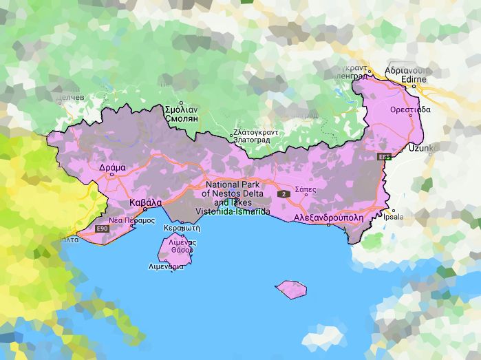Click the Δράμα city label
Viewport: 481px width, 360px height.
[112, 167]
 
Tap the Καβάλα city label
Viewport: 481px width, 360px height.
[145, 202]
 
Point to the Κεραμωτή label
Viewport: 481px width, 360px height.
[182, 227]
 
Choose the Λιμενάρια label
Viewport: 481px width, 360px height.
[166, 266]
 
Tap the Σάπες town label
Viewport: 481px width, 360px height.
[305, 188]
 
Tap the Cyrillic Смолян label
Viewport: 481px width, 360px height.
[182, 118]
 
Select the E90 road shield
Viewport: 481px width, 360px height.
[102, 228]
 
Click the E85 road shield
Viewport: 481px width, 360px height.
[384, 158]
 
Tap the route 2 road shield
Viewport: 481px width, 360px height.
[283, 195]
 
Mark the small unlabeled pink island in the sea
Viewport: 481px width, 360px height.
[290, 288]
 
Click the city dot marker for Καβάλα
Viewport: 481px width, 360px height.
[145, 210]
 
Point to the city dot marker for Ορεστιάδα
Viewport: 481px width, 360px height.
[411, 115]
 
